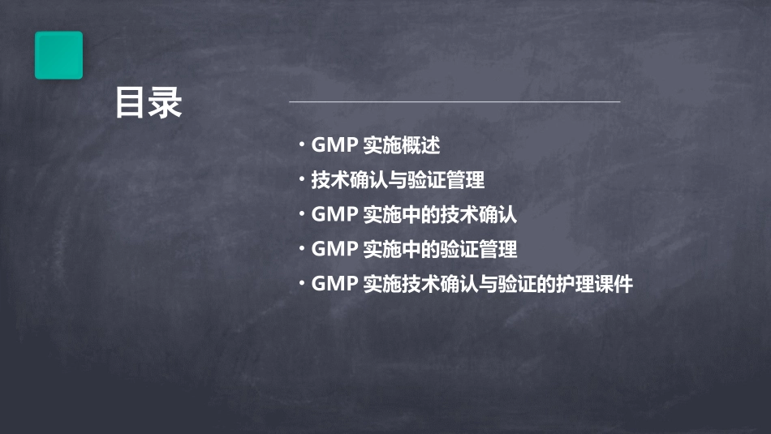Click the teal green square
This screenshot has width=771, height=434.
pos(58,55)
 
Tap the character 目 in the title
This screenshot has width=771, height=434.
pos(131,104)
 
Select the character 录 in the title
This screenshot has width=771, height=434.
pos(166,104)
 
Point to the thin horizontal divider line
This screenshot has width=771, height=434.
pos(454,102)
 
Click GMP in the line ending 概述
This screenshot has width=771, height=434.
pos(334,146)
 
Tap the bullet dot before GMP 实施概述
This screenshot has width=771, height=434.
pos(301,145)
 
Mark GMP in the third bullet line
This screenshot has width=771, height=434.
pos(334,215)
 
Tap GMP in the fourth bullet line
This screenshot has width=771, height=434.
pos(334,250)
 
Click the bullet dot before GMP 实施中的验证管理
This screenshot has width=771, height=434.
pos(301,248)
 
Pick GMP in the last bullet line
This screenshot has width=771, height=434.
pos(334,285)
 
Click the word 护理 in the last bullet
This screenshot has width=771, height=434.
pos(575,285)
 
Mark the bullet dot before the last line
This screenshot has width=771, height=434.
pos(301,283)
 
